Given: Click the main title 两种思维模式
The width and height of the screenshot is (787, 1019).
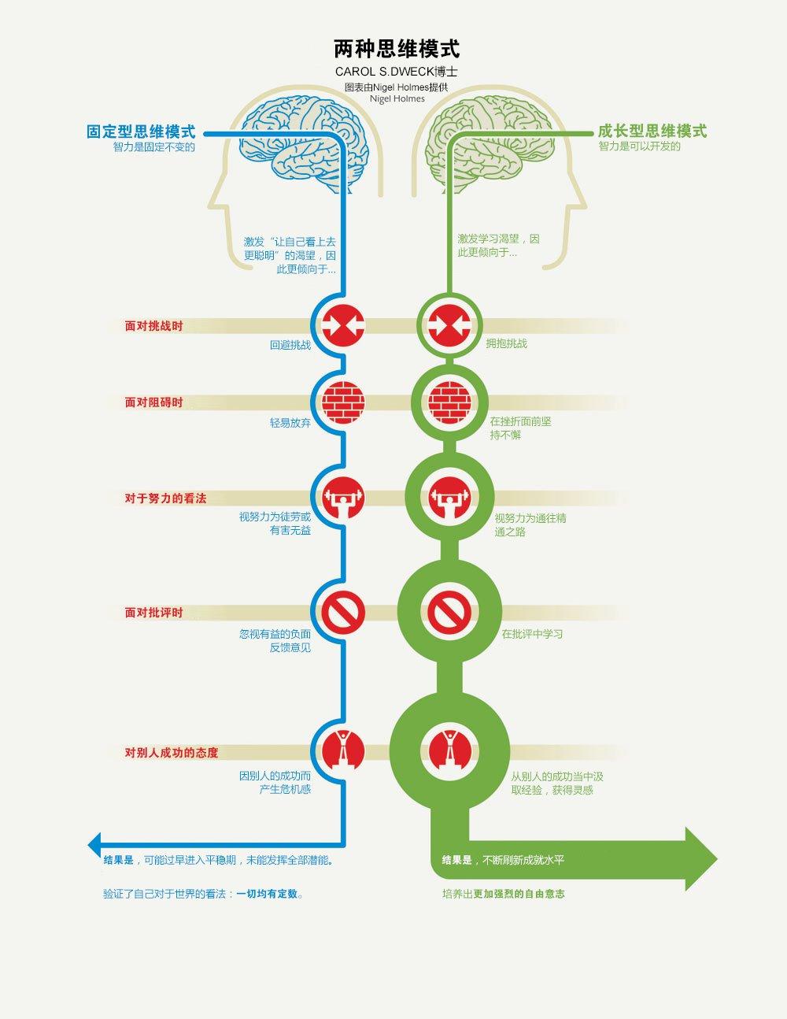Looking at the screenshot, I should pos(396,49).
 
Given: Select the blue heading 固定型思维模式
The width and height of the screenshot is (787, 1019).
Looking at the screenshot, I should pos(141,132).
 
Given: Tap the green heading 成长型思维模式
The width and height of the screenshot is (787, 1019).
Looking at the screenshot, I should pos(652,131).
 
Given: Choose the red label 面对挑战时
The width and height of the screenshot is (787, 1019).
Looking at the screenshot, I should pos(153,325).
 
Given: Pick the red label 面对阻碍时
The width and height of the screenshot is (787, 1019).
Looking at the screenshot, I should pos(153,402).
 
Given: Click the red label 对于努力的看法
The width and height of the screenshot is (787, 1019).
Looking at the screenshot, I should pos(165,498).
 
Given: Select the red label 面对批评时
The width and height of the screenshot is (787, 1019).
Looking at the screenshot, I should pos(153,612).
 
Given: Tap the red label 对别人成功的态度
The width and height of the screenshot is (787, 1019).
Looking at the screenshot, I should pos(171,752).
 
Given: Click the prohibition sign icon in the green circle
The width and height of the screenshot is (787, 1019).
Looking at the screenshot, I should pos(449,612).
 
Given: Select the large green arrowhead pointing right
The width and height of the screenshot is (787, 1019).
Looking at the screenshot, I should pos(700,858).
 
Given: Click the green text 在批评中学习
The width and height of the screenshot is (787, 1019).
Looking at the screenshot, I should pos(532,634).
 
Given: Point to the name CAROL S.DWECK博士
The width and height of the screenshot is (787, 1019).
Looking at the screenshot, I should pos(396,72).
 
